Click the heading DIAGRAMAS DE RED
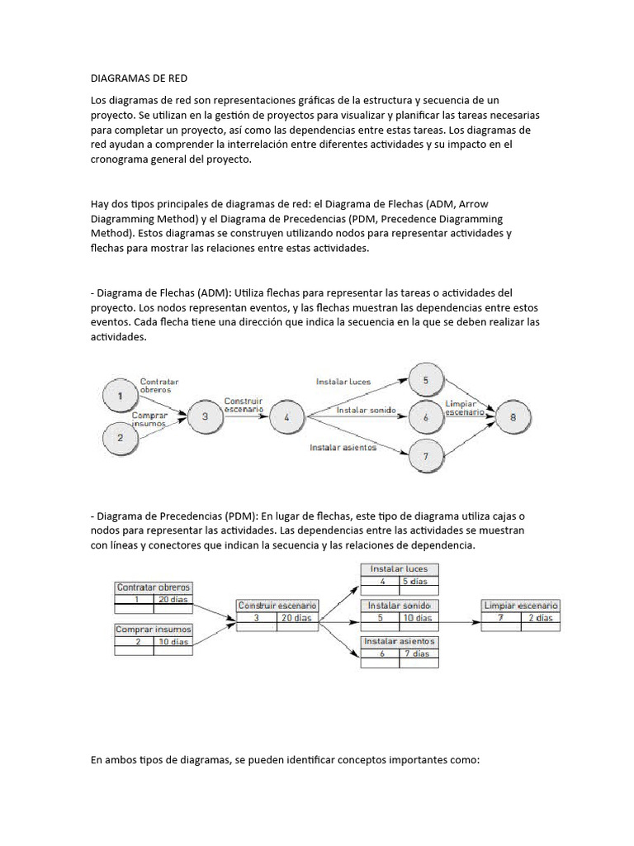tap(139, 78)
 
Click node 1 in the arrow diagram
tap(121, 395)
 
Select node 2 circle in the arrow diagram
tap(121, 438)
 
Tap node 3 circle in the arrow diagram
tap(204, 417)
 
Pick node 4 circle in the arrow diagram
tap(286, 417)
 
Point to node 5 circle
tap(425, 380)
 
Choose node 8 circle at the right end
tap(513, 417)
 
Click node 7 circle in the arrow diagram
tap(425, 455)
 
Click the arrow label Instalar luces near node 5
tap(343, 382)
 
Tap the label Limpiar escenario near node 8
tap(465, 407)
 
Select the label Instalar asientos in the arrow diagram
tap(343, 448)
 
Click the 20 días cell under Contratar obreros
tap(173, 600)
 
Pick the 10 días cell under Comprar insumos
tap(173, 642)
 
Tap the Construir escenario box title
tap(277, 606)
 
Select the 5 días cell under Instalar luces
tap(419, 582)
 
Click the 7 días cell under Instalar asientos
tap(419, 654)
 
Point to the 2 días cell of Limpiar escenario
tap(541, 617)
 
